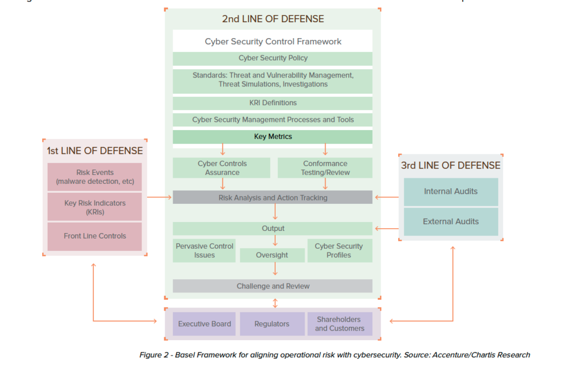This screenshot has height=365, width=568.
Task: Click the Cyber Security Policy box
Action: point(272,58)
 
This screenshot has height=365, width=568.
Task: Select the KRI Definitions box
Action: point(272,103)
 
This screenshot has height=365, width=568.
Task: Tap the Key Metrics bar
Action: point(272,137)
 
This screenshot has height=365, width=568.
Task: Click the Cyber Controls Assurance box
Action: point(221,168)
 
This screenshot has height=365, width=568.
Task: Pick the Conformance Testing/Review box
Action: point(325,168)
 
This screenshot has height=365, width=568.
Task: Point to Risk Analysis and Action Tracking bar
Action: point(272,198)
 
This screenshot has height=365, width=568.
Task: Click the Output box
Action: point(272,228)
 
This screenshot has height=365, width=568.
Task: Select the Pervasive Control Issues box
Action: point(204,250)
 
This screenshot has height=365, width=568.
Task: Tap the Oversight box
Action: point(272,255)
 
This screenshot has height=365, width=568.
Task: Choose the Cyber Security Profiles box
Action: point(338,250)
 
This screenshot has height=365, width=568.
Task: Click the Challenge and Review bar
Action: point(272,286)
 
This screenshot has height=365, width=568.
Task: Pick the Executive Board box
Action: point(204,324)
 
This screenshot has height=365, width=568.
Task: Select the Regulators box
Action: point(272,324)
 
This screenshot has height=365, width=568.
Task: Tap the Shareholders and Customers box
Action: point(339,324)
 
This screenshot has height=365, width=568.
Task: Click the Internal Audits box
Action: point(450,192)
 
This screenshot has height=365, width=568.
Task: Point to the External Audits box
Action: point(450,222)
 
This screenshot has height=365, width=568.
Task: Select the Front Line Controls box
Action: point(95,236)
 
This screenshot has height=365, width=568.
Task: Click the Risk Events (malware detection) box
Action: point(95,177)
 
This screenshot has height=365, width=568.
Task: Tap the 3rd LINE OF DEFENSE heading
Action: point(450,165)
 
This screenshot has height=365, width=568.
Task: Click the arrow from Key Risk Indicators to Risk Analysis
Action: point(160,197)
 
